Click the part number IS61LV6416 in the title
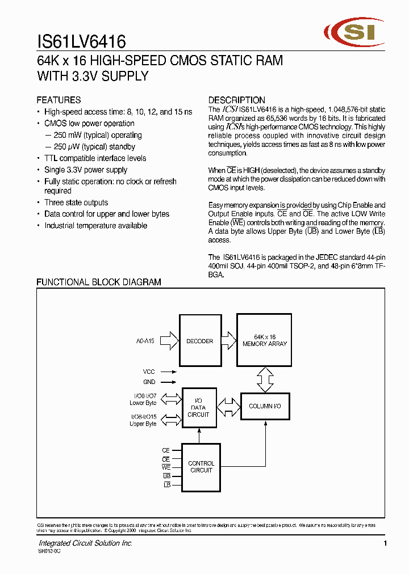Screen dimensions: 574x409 pyautogui.click(x=81, y=41)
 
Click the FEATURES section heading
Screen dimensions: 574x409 pyautogui.click(x=59, y=100)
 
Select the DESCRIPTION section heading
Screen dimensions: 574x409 pyautogui.click(x=236, y=100)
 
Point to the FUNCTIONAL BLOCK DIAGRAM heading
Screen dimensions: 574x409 pyautogui.click(x=99, y=282)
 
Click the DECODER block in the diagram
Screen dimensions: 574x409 pyautogui.click(x=199, y=341)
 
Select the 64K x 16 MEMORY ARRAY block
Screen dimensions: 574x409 pyautogui.click(x=265, y=340)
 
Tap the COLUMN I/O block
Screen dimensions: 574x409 pyautogui.click(x=265, y=406)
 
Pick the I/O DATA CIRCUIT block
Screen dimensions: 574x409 pyautogui.click(x=198, y=407)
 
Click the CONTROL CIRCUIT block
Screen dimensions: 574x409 pyautogui.click(x=201, y=467)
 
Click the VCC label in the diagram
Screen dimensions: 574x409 pyautogui.click(x=149, y=372)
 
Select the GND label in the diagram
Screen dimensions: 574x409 pyautogui.click(x=149, y=382)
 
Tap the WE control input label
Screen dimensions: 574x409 pyautogui.click(x=166, y=467)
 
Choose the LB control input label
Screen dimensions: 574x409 pyautogui.click(x=167, y=485)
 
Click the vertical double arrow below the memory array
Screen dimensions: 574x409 pyautogui.click(x=265, y=379)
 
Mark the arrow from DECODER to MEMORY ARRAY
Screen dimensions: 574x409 pyautogui.click(x=228, y=340)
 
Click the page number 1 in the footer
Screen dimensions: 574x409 pyautogui.click(x=385, y=544)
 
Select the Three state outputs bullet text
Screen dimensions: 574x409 pyautogui.click(x=76, y=202)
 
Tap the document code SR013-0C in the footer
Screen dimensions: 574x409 pyautogui.click(x=49, y=551)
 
